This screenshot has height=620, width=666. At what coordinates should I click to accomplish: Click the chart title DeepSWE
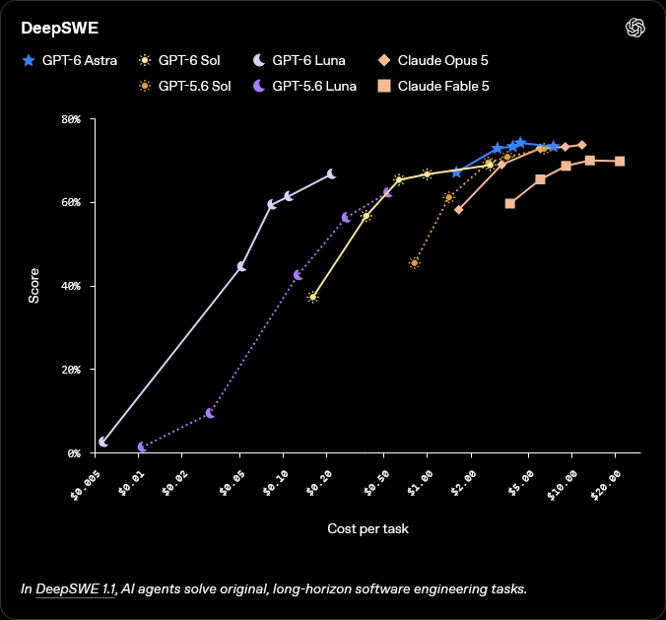point(60,28)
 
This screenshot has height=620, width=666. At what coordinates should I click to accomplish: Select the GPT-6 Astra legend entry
point(70,60)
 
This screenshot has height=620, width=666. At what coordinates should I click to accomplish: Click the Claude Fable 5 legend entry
point(433,87)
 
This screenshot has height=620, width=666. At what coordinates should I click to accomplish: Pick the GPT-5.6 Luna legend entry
point(304,87)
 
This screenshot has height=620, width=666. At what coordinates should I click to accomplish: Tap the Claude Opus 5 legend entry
point(433,60)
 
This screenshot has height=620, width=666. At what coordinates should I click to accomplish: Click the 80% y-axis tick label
point(71,119)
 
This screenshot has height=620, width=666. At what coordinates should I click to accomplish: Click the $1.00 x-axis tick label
point(420,483)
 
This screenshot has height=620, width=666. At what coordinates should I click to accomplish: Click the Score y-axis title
point(33,286)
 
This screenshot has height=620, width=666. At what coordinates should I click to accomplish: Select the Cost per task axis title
point(367,528)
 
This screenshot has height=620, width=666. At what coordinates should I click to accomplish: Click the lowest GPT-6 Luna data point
point(102,442)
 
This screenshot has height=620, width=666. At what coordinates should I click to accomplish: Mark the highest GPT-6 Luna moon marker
point(331,173)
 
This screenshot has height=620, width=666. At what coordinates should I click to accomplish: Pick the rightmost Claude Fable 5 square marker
point(620,161)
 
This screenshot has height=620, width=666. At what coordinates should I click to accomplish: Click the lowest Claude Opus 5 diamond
point(459,210)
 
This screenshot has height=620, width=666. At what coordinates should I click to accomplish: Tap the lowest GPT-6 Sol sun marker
point(313,297)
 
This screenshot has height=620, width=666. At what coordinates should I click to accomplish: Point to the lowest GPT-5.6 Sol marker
point(415,263)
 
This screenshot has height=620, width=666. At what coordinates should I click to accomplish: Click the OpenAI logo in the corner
point(635,28)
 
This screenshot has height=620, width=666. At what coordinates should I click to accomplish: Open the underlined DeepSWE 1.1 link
point(76,589)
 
